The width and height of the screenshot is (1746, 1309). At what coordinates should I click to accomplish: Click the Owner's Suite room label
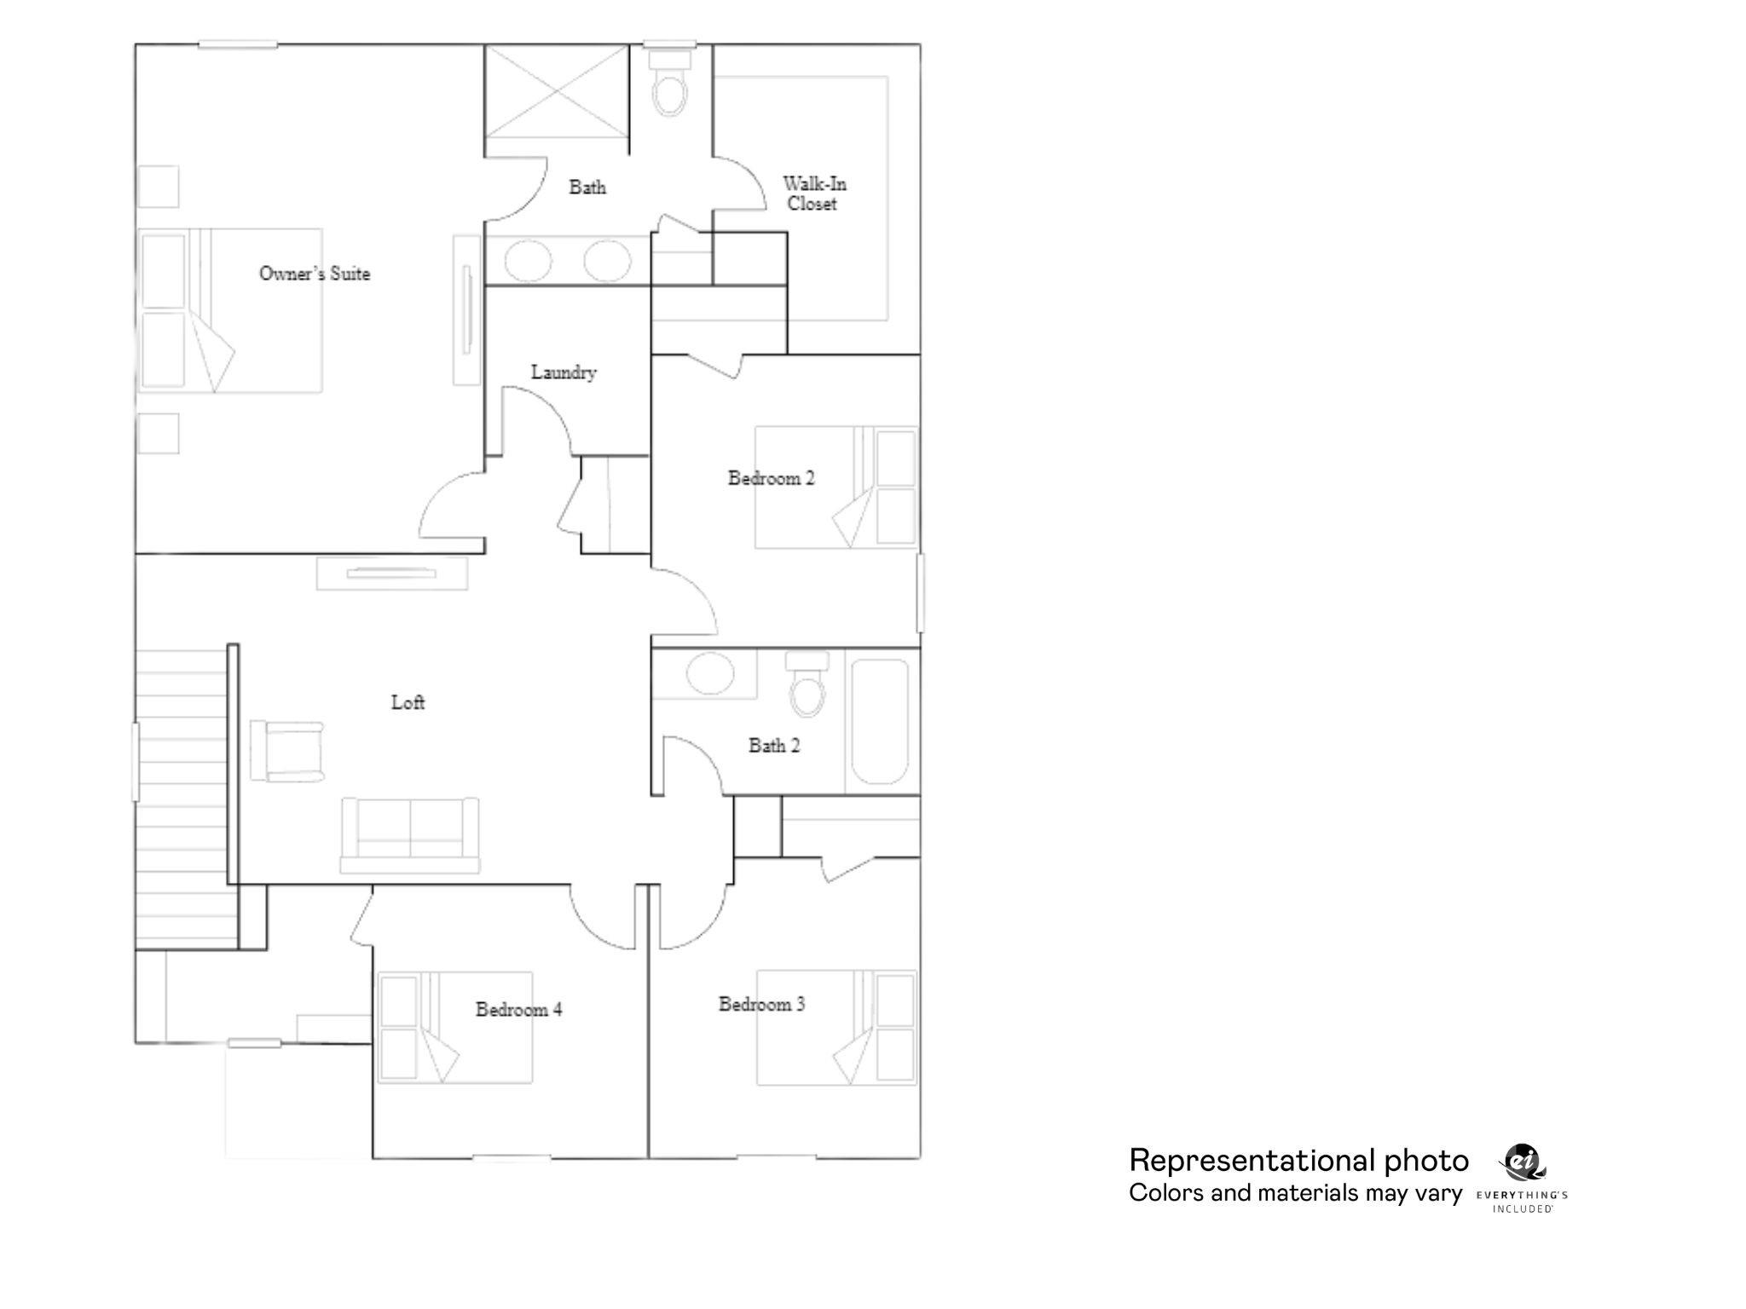pos(315,274)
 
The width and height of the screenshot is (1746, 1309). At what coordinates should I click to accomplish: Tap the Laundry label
pos(564,372)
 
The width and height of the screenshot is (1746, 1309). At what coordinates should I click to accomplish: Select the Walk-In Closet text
pos(814,193)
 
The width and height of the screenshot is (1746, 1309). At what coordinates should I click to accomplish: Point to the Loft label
pos(408,702)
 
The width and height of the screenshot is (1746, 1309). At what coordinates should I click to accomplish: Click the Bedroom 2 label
pos(771,478)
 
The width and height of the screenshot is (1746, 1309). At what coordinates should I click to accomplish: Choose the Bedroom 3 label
pos(761,1005)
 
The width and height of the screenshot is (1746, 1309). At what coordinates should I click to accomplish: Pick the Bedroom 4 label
pos(518,1010)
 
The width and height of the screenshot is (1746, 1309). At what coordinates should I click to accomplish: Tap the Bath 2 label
pos(774,746)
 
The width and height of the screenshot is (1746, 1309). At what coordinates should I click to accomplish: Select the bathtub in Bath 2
pos(880,721)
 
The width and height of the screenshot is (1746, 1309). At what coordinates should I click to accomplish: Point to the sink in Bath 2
pos(710,674)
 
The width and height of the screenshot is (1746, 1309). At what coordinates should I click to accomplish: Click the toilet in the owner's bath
pos(670,85)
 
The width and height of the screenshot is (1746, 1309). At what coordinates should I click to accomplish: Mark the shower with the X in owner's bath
pos(557,91)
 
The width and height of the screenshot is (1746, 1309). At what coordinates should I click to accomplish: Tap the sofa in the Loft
pos(410,835)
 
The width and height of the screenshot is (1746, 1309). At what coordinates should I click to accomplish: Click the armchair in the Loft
pos(288,751)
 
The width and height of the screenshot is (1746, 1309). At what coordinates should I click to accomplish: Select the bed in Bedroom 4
pos(455,1028)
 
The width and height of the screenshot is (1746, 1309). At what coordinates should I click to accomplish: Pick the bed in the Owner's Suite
pos(230,310)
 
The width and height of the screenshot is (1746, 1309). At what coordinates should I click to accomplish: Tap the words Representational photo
pos(1298,1161)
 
